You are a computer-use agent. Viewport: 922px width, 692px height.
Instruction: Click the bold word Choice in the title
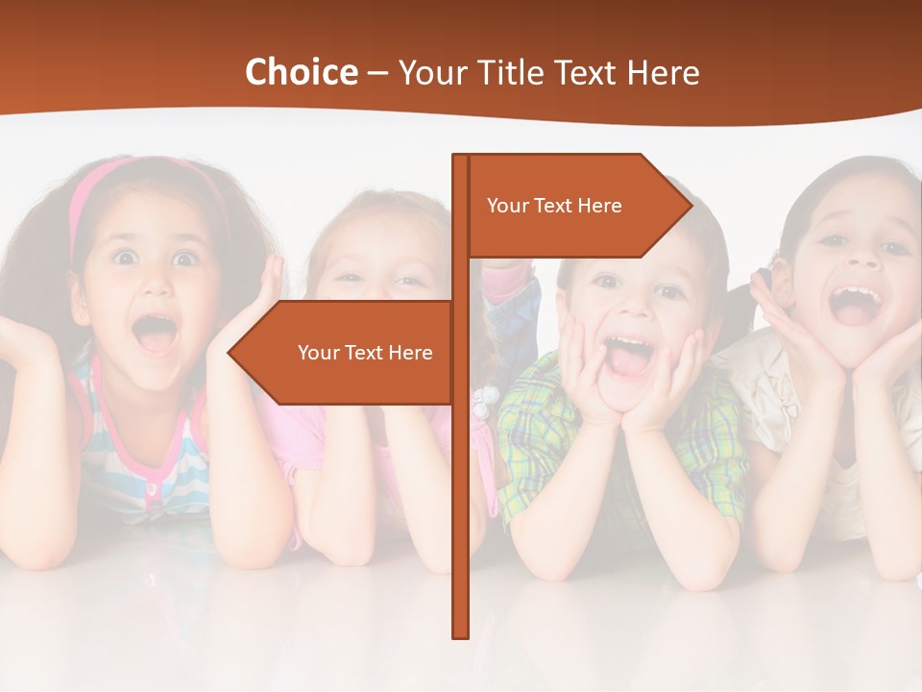[301, 72]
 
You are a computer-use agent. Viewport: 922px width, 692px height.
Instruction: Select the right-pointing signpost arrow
[576, 206]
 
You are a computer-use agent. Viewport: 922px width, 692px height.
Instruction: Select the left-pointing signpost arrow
[346, 353]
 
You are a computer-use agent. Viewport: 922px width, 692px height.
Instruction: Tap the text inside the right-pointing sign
[554, 206]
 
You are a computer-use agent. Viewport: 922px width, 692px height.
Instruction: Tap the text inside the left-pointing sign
[365, 353]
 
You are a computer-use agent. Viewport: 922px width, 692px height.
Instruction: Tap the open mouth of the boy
[629, 356]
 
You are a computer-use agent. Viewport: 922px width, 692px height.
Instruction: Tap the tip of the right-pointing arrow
[690, 205]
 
